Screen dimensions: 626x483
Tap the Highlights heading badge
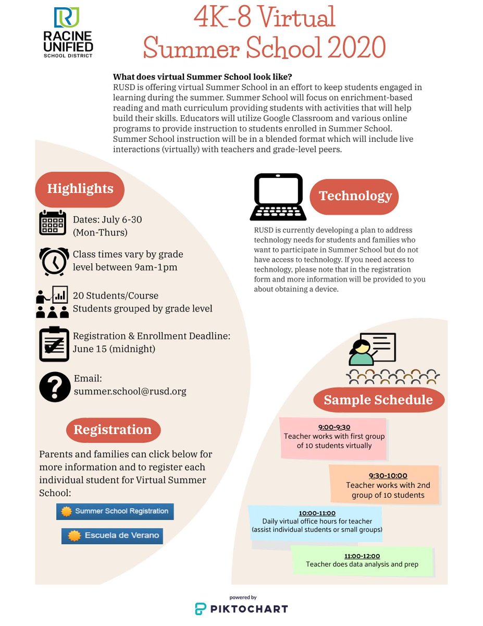point(80,188)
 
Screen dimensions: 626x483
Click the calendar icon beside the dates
point(53,223)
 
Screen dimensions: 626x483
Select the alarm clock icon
point(54,260)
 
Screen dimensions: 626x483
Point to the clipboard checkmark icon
point(54,344)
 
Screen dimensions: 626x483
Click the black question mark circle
point(55,387)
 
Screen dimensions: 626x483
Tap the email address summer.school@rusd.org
point(130,391)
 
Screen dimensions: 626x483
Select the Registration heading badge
point(113,430)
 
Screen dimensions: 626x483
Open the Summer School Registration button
point(115,511)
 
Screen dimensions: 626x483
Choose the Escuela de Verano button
point(112,536)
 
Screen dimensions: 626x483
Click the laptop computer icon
point(277,197)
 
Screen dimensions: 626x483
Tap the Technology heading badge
point(355,196)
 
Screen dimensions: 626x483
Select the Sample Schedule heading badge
point(378,400)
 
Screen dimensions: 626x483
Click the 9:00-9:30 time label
point(334,427)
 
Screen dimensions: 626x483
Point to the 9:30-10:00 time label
point(388,476)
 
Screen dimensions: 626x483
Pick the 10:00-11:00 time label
point(317,513)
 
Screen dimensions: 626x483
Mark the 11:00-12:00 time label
point(362,556)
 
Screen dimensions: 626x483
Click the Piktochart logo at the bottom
point(241,608)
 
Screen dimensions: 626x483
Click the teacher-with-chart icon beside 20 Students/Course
point(52,302)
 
